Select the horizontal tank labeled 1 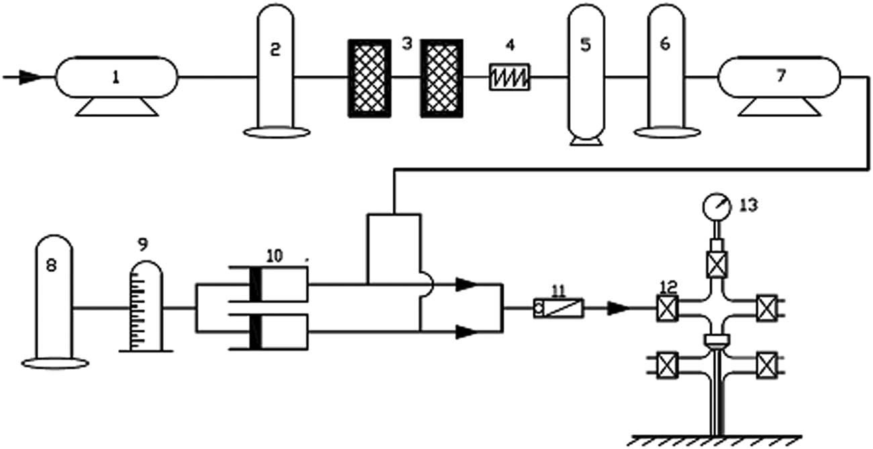point(116,77)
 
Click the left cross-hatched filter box point(369,78)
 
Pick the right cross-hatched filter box point(441,78)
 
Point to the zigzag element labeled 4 point(510,78)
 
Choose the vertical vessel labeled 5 point(586,74)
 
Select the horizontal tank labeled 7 point(780,77)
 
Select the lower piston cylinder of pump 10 point(279,332)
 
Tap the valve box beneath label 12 point(667,309)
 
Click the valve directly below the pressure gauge point(717,260)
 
